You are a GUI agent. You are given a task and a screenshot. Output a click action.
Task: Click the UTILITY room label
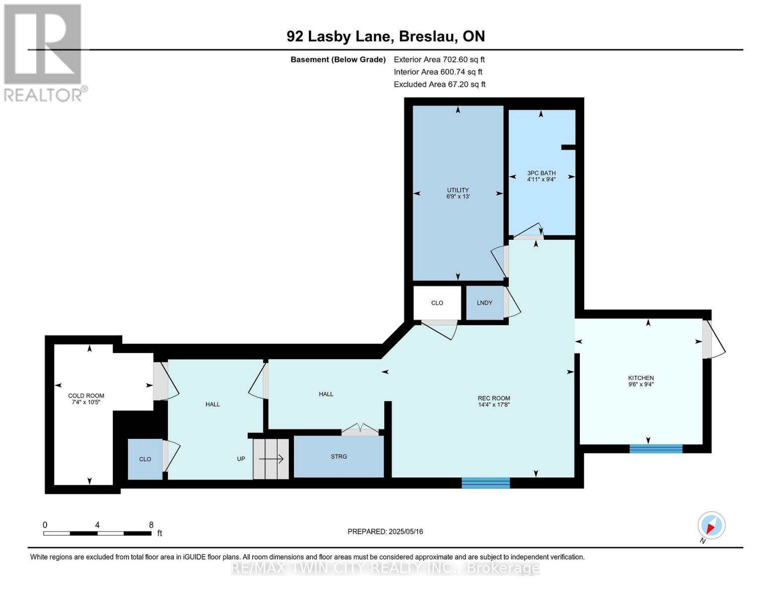click(458, 190)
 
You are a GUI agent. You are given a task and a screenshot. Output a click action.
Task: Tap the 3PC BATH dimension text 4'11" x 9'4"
click(541, 180)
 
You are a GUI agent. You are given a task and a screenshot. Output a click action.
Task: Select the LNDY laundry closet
click(485, 303)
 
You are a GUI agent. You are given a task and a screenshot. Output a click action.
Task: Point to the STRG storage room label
click(339, 456)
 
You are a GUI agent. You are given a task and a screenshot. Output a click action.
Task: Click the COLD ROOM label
click(86, 396)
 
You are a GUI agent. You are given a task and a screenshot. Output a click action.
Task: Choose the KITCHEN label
click(641, 378)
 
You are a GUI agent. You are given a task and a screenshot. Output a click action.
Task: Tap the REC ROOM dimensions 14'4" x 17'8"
click(494, 404)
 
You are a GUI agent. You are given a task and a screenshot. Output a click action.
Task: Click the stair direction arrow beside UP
click(271, 459)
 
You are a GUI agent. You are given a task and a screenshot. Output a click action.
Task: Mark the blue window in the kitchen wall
click(656, 448)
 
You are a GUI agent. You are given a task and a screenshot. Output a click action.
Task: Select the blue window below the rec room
click(486, 483)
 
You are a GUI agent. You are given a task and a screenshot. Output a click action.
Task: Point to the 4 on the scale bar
click(97, 525)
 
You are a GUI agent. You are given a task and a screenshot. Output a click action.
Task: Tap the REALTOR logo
click(44, 53)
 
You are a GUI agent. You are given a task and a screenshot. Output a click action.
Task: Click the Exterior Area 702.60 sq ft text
click(439, 60)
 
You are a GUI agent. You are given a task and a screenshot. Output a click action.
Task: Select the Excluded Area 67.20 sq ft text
click(439, 84)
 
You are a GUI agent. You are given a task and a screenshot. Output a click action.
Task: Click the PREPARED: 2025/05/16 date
click(385, 531)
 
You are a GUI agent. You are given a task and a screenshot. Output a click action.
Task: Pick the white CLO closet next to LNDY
click(437, 303)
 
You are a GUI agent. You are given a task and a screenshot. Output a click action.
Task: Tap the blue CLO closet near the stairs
click(145, 459)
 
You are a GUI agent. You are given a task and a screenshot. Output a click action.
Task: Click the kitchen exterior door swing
click(714, 339)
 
